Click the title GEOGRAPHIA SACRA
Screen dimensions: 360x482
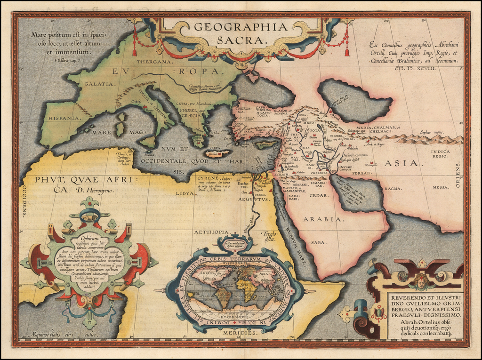tap(241, 33)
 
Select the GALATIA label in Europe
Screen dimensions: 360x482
tap(100, 84)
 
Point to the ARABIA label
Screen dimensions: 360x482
tap(322, 219)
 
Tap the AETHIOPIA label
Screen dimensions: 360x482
tap(211, 232)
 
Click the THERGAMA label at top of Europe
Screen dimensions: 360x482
tap(149, 62)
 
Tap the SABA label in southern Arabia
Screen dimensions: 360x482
tap(319, 242)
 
